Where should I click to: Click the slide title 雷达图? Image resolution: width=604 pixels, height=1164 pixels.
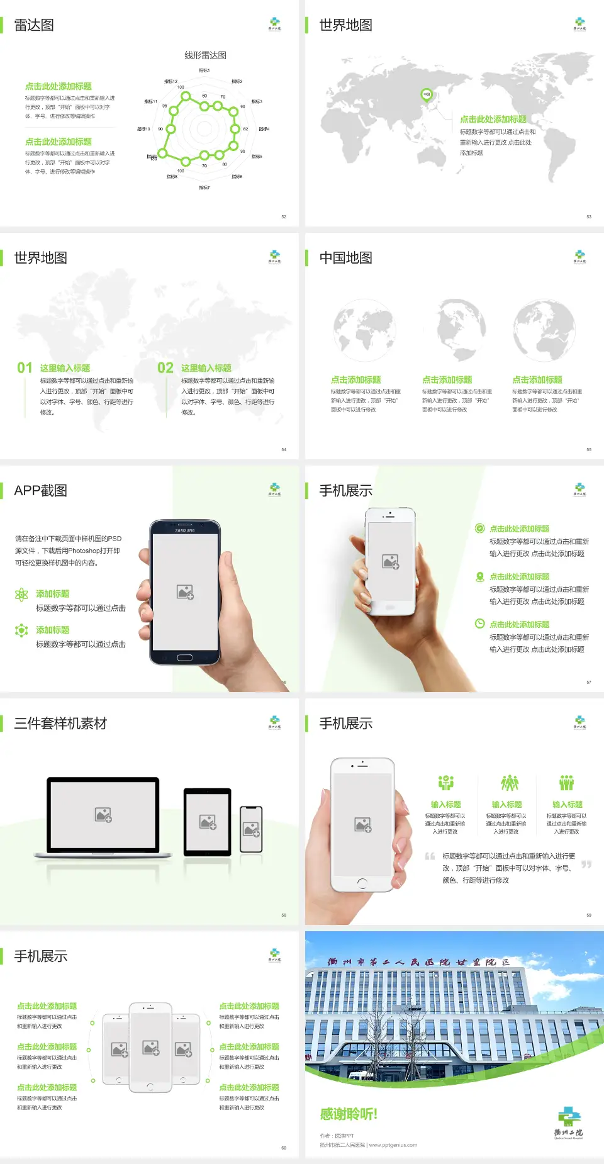pos(34,25)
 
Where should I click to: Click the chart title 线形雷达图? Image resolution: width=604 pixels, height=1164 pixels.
pos(205,55)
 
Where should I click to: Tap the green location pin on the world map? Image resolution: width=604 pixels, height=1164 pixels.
pos(426,95)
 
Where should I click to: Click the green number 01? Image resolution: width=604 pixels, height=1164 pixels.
pos(25,368)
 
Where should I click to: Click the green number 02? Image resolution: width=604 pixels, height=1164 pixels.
pos(165,368)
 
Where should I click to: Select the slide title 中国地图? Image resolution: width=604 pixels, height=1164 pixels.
pos(345,258)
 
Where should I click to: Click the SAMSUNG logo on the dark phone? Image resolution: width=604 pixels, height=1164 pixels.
pos(185,530)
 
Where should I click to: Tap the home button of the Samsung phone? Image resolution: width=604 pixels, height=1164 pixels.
pos(184,658)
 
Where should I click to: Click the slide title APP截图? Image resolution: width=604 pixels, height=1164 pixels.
pos(41,491)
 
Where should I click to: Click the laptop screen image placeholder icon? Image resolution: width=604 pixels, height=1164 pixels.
pos(103,815)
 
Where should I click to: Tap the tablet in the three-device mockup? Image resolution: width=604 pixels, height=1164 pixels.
pos(208,821)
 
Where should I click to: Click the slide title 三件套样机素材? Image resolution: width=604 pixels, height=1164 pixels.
pos(60,724)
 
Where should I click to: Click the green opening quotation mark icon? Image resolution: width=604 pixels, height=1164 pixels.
pos(430,856)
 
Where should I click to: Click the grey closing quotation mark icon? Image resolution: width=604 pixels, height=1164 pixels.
pos(586,865)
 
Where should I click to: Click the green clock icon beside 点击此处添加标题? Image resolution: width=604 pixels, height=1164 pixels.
pos(479,624)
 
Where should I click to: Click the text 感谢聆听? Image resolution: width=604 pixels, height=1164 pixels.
pos(349,1114)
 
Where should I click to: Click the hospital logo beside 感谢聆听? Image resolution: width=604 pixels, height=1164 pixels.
pos(569,1123)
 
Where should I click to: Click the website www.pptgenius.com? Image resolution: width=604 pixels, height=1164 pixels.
pos(393,1145)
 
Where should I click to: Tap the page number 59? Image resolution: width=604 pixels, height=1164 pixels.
pos(589,915)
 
